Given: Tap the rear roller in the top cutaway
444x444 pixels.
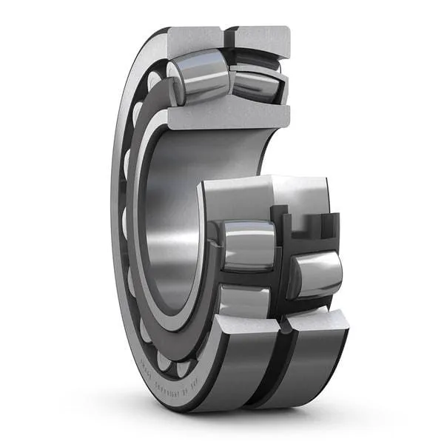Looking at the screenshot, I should (255, 83).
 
